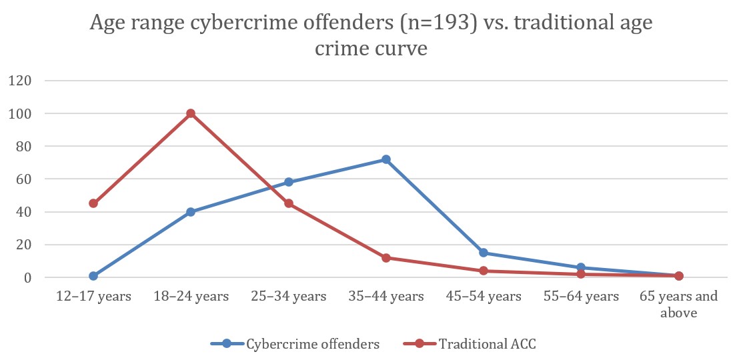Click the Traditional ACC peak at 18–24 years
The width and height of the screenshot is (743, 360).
[x=191, y=113]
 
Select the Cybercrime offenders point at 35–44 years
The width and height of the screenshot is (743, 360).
[x=386, y=159]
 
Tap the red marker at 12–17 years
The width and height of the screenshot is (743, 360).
[x=93, y=203]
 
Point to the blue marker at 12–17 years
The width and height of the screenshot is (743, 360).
[x=93, y=276]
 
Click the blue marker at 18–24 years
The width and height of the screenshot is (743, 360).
[x=191, y=212]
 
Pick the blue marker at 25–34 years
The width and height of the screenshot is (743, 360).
[x=289, y=182]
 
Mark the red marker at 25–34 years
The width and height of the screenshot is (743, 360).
[x=289, y=203]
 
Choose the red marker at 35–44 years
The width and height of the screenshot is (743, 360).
[x=386, y=257]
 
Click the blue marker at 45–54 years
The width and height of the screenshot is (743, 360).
[x=484, y=253]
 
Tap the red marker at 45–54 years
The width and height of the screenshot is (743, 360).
[x=484, y=271]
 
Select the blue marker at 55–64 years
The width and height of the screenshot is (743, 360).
[x=581, y=267]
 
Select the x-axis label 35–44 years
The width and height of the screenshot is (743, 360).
[x=386, y=297]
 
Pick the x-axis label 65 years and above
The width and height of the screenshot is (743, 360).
[x=678, y=304]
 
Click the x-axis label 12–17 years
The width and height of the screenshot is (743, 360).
[x=93, y=297]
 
